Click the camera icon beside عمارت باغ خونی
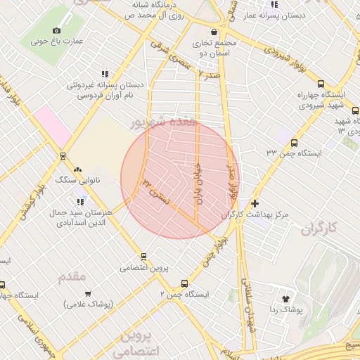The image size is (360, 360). tap(57, 30)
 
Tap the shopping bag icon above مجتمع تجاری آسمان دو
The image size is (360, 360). tap(214, 32)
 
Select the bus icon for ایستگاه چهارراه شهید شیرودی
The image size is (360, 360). tap(321, 84)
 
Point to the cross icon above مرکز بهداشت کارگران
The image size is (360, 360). tap(255, 202)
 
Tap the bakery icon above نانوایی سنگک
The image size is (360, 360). tap(77, 169)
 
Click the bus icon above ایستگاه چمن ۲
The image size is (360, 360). tap(184, 284)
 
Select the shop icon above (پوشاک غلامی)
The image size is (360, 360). tap(88, 293)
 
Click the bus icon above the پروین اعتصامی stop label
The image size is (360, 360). tap(144, 257)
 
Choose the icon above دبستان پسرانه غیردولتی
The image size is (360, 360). tap(105, 74)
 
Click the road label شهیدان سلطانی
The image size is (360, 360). tap(247, 309)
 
